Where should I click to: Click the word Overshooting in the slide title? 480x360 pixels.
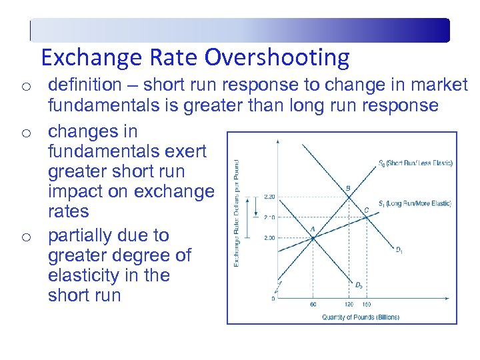coord(277,58)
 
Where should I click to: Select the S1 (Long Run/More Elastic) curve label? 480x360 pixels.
coord(415,203)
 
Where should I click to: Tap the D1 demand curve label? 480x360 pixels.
coord(397,251)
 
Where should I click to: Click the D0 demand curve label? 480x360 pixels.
coord(359,285)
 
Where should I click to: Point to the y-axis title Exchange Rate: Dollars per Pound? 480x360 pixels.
coord(237,214)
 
